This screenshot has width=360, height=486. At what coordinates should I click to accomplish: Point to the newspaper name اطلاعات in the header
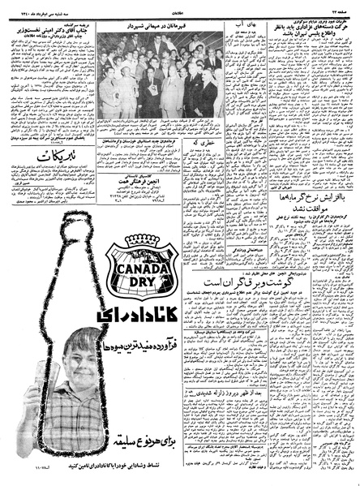pyautogui.click(x=180, y=4)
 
